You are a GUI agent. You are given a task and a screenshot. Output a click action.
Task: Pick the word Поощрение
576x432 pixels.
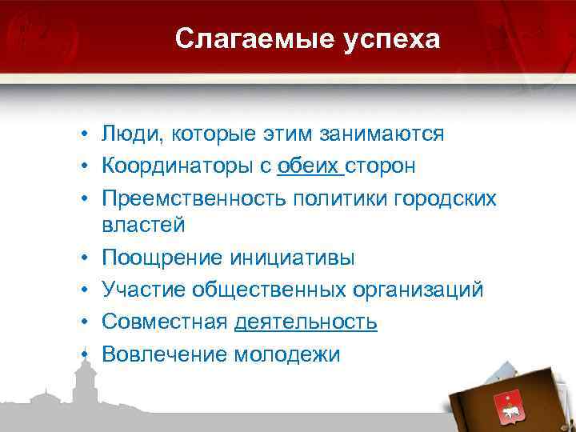[x=162, y=258]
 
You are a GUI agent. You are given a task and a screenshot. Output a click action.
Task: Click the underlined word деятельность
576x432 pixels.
[x=306, y=321]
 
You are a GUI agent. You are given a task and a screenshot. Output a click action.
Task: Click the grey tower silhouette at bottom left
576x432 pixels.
[x=82, y=384]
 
